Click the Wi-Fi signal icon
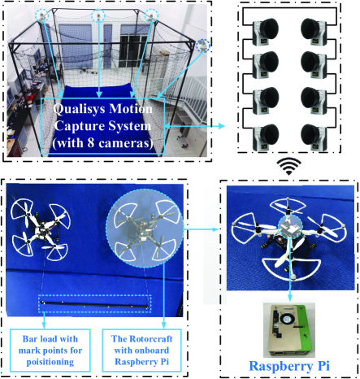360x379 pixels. (288, 167)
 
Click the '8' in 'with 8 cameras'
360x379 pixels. (90, 143)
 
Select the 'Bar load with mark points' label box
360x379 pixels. (50, 351)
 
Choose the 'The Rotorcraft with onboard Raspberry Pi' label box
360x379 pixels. (141, 351)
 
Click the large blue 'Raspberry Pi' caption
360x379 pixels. (289, 366)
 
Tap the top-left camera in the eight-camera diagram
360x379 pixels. (266, 31)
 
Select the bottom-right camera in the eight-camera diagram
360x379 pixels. (314, 137)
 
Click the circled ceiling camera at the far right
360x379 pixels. (203, 46)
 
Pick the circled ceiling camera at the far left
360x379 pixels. (42, 15)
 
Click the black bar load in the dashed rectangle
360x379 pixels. (94, 305)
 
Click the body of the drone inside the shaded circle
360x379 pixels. (144, 230)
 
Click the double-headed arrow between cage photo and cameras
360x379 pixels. (195, 126)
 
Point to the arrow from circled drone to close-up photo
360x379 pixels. (201, 229)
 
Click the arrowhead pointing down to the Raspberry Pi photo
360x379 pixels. (290, 298)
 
